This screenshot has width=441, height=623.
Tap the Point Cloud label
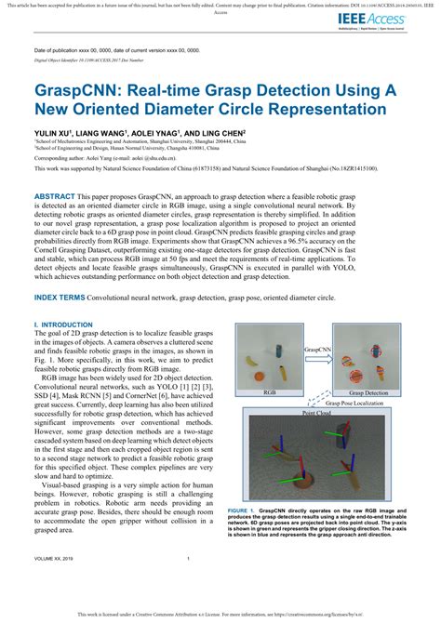coord(317,413)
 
